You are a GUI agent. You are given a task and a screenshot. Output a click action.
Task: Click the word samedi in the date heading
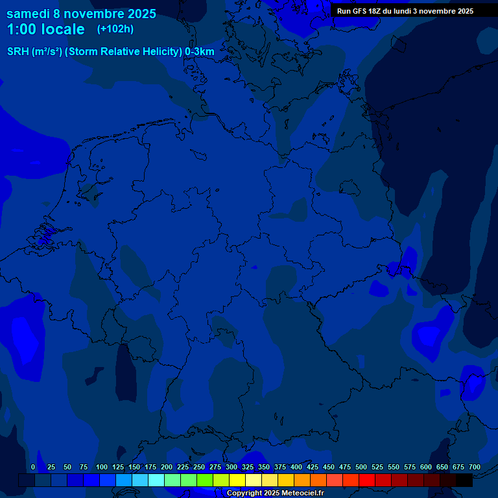29,14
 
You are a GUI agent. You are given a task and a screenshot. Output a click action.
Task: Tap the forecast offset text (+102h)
115,29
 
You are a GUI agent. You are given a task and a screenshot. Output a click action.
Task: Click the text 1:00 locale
45,30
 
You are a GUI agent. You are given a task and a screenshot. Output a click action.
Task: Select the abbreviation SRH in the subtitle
18,52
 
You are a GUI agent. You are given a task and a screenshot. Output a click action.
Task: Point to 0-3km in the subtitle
199,52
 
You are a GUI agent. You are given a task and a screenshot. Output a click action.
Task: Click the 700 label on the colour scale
474,467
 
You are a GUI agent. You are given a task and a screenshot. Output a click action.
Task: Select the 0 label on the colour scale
33,467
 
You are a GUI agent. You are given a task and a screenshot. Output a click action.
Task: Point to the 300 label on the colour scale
231,467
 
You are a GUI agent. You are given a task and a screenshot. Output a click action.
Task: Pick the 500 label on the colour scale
361,467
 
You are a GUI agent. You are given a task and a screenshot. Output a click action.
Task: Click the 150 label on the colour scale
134,467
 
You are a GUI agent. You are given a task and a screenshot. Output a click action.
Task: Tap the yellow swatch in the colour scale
237,480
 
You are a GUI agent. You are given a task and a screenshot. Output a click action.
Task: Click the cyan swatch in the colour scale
156,480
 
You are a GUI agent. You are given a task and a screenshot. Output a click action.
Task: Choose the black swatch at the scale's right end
464,480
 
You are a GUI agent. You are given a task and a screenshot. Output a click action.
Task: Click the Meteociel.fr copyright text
275,493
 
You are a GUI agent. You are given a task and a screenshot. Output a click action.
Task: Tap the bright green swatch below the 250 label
205,480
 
